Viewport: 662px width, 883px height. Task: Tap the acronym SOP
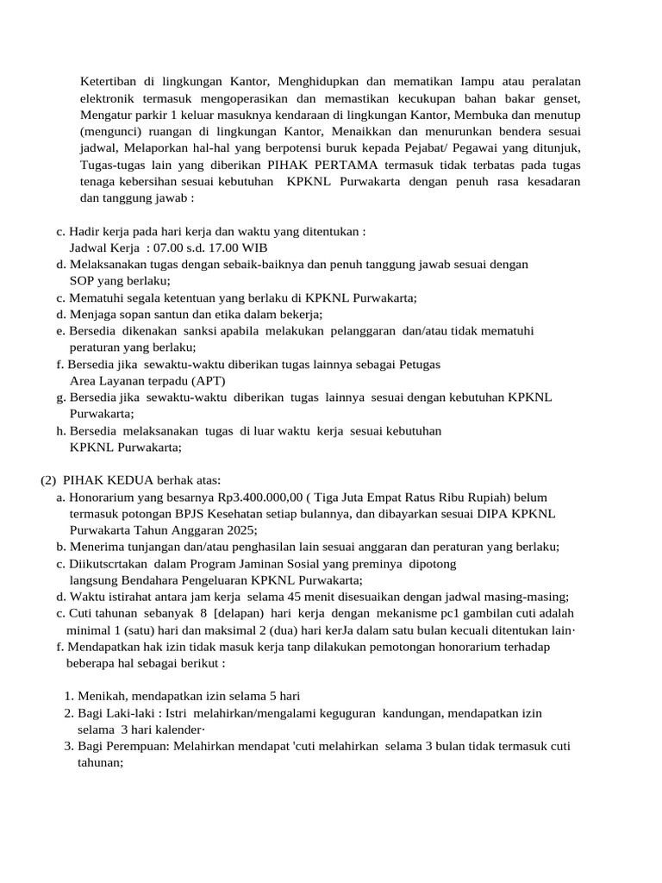(x=83, y=280)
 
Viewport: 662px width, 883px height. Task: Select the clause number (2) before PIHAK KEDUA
(x=49, y=480)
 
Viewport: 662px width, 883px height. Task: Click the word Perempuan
(x=143, y=746)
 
